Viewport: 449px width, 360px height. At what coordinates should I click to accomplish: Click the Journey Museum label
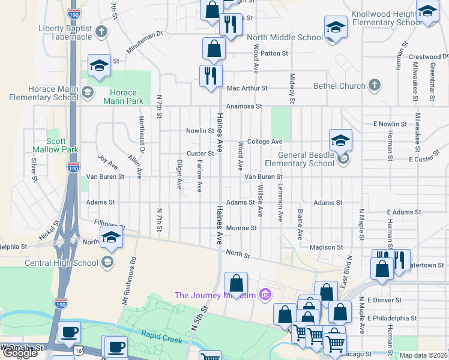214,295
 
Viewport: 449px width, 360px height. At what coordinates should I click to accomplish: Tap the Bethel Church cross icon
375,85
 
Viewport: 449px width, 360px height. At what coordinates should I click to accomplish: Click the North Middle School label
285,37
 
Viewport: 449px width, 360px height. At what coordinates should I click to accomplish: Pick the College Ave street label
265,142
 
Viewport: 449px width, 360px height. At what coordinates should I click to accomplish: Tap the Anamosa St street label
244,106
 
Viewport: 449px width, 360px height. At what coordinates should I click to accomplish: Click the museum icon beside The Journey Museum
264,295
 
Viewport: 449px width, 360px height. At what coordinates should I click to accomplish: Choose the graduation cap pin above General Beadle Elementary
340,140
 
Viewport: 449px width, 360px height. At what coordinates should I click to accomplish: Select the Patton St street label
275,53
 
